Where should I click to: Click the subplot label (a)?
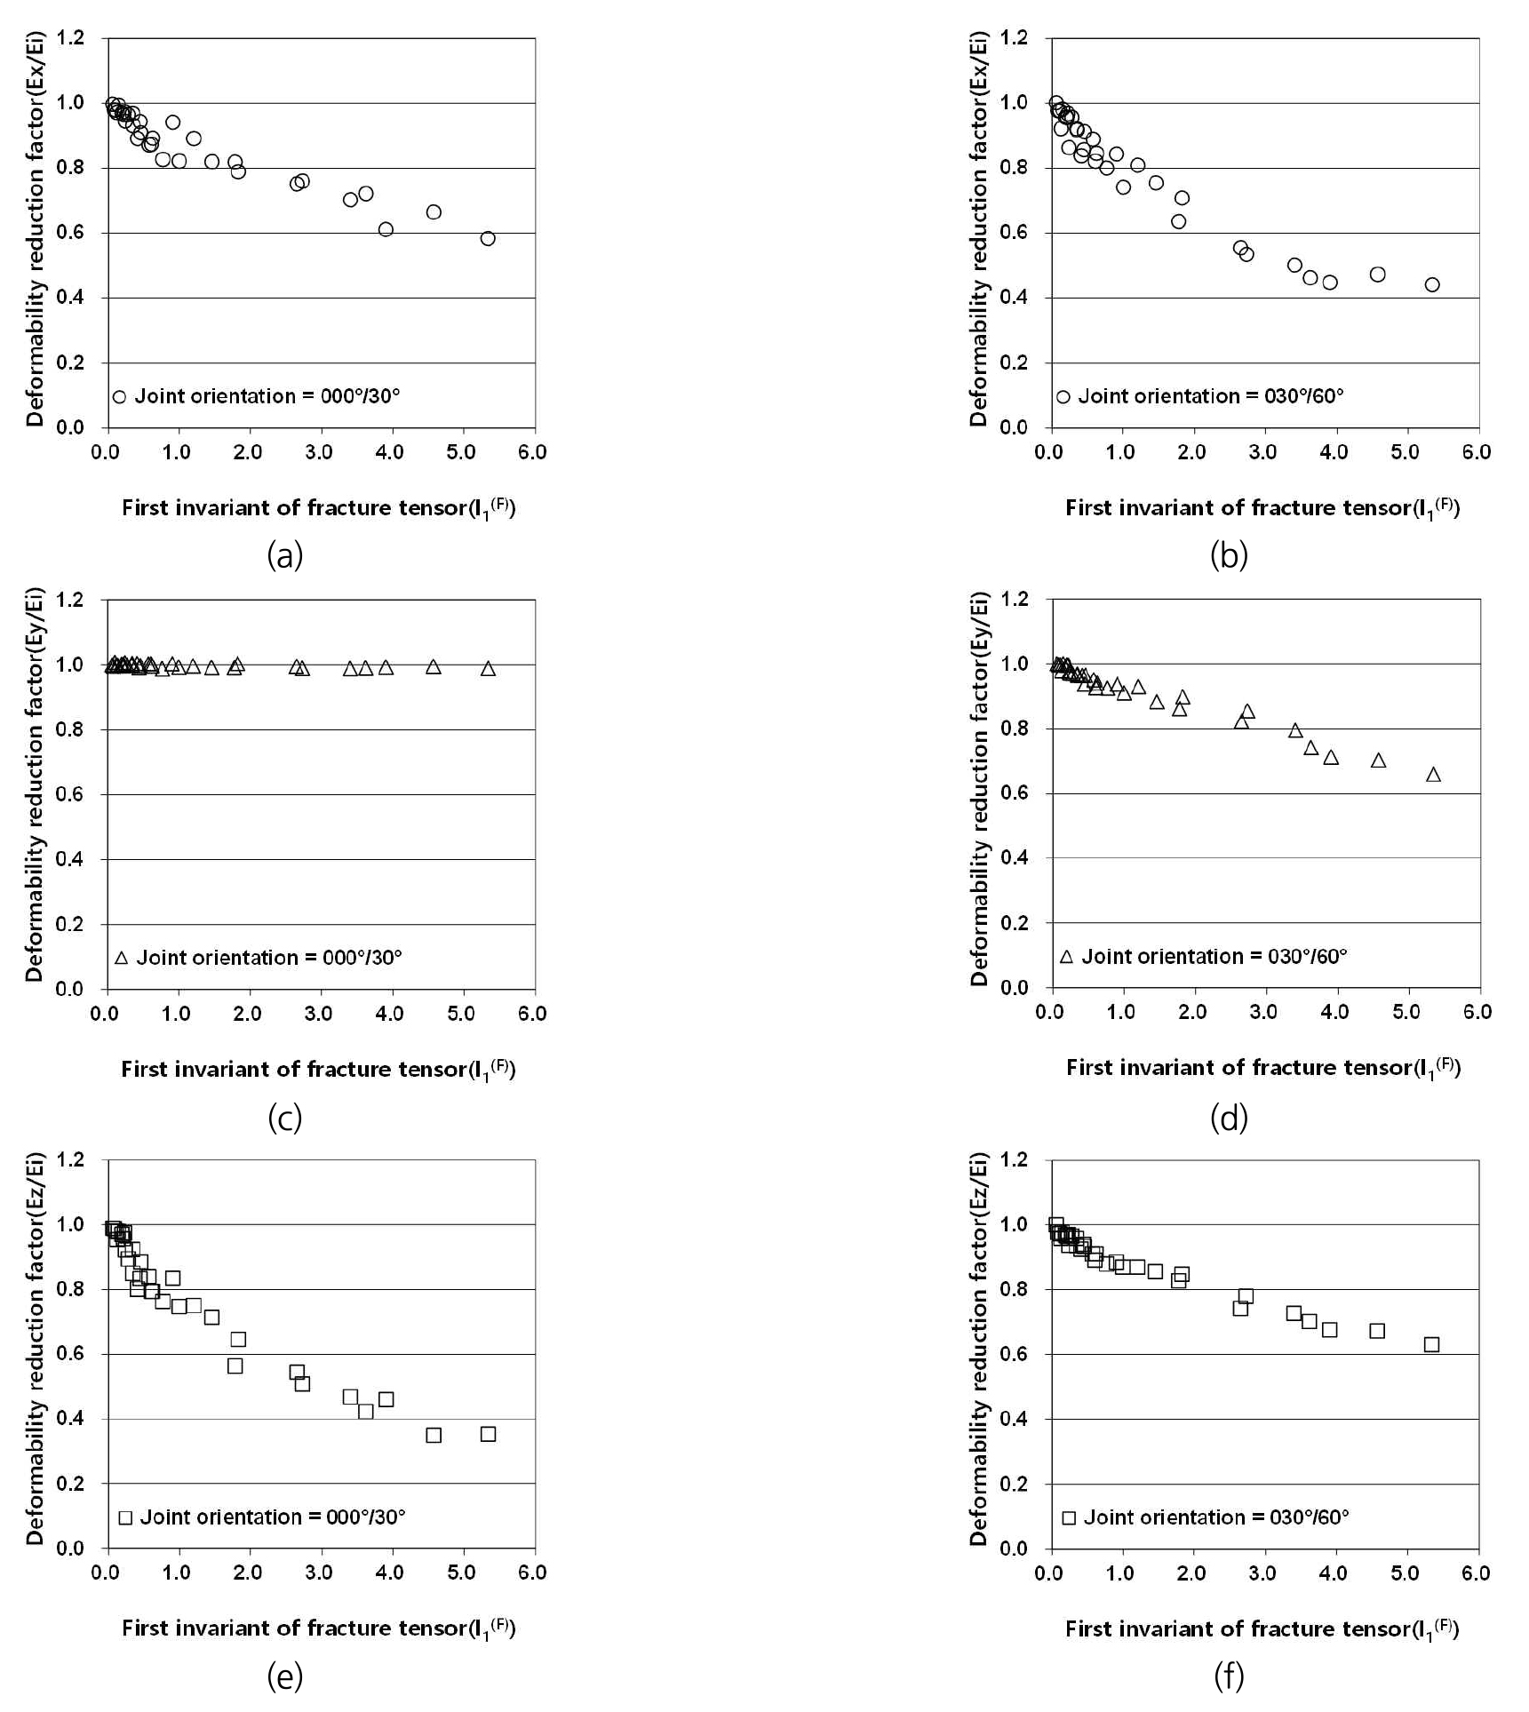[285, 556]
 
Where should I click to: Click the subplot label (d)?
[1229, 1118]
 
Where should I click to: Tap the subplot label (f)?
[1229, 1676]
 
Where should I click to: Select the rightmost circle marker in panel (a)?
[488, 238]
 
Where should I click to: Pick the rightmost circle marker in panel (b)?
[1432, 284]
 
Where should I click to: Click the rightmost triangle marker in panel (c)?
[488, 668]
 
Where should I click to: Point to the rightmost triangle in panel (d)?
[1433, 775]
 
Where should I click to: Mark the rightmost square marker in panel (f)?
[1431, 1344]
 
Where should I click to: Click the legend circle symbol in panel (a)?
[120, 396]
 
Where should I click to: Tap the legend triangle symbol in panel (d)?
[1067, 957]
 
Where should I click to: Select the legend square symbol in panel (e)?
[125, 1517]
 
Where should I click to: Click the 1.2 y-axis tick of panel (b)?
[1015, 37]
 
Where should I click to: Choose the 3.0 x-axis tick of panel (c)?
[319, 1014]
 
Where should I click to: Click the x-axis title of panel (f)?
[1262, 1628]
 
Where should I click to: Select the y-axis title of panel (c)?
[35, 784]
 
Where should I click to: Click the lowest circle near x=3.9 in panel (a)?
[386, 229]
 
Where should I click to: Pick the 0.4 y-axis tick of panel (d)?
[1015, 857]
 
